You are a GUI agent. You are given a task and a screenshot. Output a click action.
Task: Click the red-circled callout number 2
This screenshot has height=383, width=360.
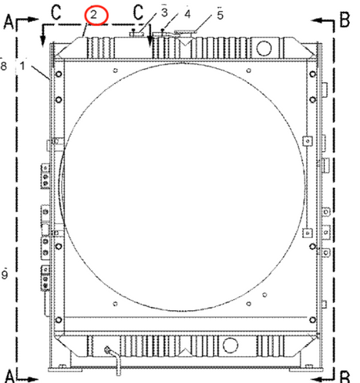point(94,15)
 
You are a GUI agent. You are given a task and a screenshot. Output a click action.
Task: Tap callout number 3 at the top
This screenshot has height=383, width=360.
point(164,13)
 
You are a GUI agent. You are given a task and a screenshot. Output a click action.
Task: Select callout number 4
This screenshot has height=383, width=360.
point(187,14)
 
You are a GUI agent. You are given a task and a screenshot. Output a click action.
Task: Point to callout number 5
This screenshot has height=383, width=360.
point(220,15)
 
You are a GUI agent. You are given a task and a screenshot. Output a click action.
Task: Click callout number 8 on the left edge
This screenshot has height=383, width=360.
point(3,66)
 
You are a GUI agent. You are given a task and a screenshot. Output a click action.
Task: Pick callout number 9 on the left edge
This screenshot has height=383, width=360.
point(5,274)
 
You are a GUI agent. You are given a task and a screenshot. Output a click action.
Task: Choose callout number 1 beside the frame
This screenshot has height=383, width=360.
point(23,66)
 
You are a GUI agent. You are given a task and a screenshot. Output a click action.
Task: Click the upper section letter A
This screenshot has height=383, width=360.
point(9,21)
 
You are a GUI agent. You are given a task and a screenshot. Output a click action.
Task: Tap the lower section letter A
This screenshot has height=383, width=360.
point(9,376)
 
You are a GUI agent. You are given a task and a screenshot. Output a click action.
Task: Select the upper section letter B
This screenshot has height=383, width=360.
point(344,20)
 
